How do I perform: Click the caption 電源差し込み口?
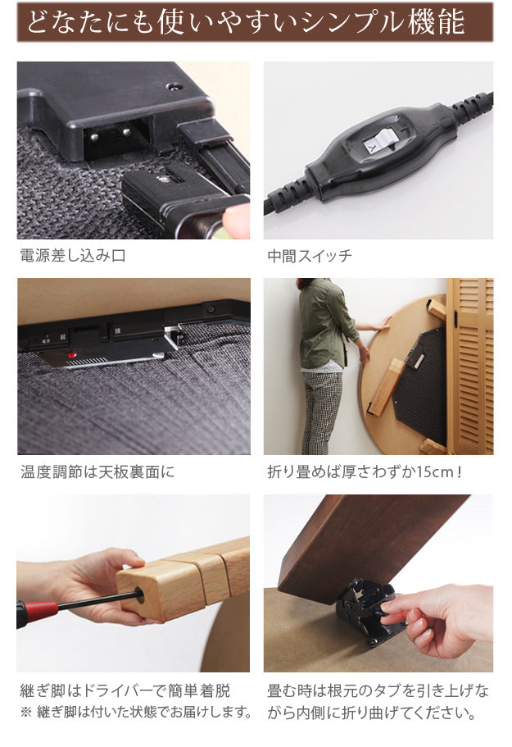coord(73,256)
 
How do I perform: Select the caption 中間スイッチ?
coord(310,256)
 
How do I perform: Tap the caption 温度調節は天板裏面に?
coord(97,472)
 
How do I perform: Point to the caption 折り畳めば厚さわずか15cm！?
coord(365,472)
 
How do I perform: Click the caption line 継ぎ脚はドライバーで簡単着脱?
coord(125,690)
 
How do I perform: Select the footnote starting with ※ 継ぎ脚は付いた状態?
coord(134,711)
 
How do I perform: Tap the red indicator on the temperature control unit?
coord(72,355)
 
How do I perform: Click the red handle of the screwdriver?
coord(37,612)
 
